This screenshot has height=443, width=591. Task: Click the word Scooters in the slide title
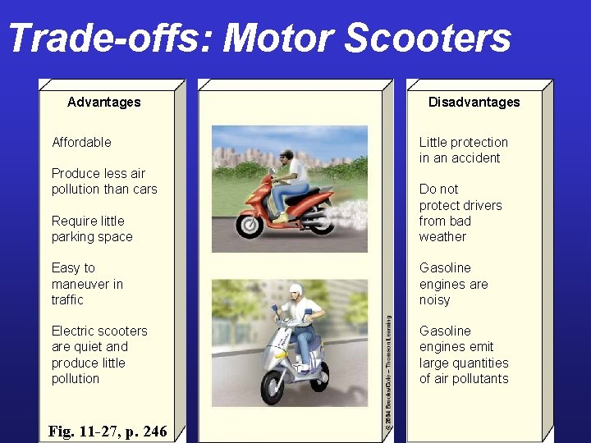coord(428,39)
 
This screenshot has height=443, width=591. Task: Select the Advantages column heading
coord(104,102)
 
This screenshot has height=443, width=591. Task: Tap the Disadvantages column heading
coord(474,102)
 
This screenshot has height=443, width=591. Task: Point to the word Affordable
coord(81,142)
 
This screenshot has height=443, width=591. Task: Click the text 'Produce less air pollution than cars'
coord(104,181)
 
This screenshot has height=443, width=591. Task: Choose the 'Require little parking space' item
coord(92,229)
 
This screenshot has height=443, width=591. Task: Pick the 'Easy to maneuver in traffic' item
coord(87,284)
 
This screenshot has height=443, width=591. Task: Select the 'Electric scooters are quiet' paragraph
coord(99,354)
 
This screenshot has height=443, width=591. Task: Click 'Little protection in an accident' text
coord(464,150)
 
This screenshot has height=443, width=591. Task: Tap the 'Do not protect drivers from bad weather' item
coord(460,212)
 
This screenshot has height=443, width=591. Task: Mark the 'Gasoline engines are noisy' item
coord(454,284)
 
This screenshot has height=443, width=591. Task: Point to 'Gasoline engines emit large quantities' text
coord(464,354)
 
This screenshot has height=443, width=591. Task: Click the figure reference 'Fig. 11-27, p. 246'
coord(108,430)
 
